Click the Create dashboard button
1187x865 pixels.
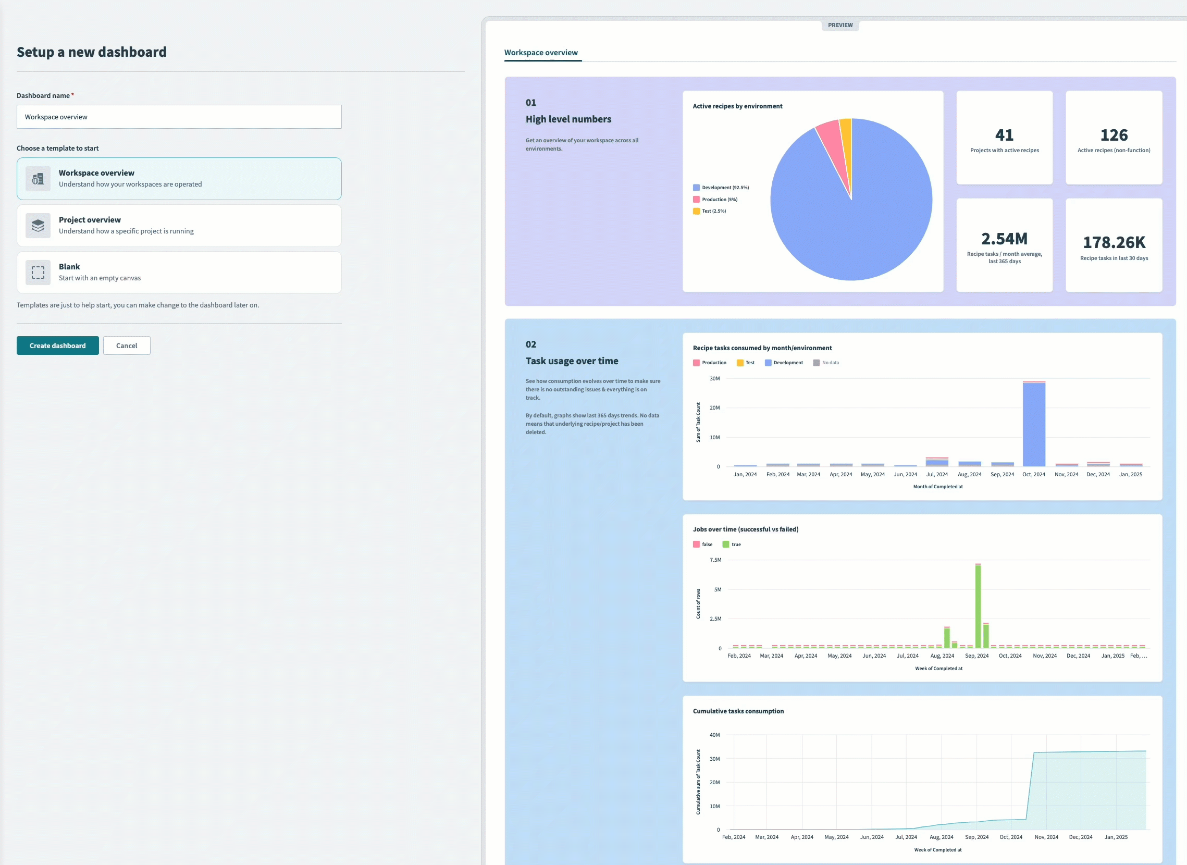coord(58,345)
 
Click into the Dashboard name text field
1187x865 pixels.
coord(179,117)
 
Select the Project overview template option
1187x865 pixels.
coord(179,225)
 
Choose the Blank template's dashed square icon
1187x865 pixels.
coord(38,273)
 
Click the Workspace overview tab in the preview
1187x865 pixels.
coord(541,52)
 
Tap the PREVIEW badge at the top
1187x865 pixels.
coord(840,25)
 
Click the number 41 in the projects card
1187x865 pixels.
coord(1004,135)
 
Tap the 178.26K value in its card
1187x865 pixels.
coord(1114,242)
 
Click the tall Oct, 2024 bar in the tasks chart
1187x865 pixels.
coord(1034,424)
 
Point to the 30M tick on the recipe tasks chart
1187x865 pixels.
coord(714,379)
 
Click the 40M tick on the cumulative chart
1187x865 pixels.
coord(714,735)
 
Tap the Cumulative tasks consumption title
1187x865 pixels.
coord(738,711)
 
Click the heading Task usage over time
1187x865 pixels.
coord(571,361)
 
